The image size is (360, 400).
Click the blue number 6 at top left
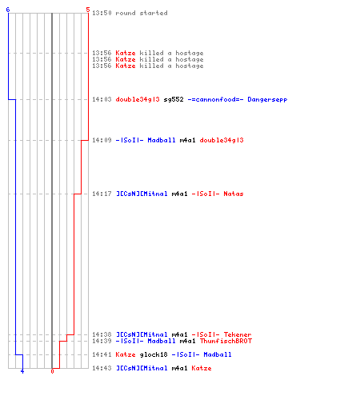tap(8, 10)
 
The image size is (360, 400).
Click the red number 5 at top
tap(88, 10)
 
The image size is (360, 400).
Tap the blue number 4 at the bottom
tap(22, 371)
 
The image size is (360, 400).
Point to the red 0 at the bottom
tap(52, 371)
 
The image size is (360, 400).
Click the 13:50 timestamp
tap(102, 13)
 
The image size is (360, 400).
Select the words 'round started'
tap(142, 13)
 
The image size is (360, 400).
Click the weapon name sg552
tap(174, 99)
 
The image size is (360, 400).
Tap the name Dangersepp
tap(267, 100)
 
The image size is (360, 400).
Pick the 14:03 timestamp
tap(102, 99)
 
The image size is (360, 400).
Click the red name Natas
tap(234, 194)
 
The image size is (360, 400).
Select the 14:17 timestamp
tap(102, 194)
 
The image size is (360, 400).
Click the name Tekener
tap(238, 334)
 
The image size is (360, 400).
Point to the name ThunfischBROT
tap(226, 341)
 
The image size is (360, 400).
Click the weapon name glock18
tap(154, 355)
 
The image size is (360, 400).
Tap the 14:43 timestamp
tap(102, 368)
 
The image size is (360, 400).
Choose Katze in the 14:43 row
tap(202, 368)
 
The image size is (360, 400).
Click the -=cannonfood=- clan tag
tap(215, 99)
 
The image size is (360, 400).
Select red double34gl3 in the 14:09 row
tap(222, 141)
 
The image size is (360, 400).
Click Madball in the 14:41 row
tap(218, 354)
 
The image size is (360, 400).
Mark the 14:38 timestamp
tap(102, 334)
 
